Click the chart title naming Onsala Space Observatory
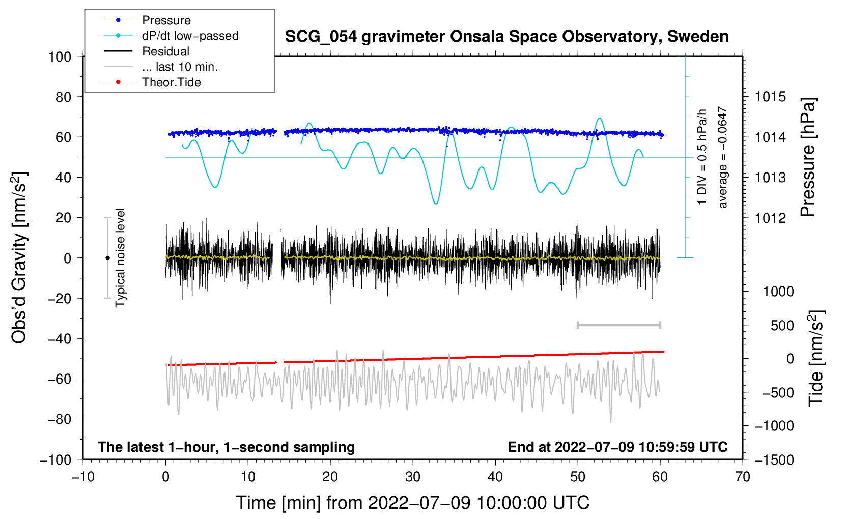(506, 37)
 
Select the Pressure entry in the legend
(166, 20)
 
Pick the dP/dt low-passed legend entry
(190, 36)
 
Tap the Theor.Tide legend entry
(171, 82)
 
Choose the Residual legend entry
(165, 51)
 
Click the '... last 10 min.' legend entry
(180, 67)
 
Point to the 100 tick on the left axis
(60, 56)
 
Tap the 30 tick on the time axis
(413, 477)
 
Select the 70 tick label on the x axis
(743, 477)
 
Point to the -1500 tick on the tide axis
(774, 460)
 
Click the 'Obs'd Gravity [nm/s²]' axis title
(19, 258)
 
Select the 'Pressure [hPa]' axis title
(808, 157)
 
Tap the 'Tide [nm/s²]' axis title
(816, 358)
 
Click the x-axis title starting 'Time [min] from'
(413, 503)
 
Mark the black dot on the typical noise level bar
(107, 258)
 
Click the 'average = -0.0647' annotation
(722, 157)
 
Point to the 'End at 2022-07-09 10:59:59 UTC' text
(617, 447)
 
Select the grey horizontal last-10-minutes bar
(618, 325)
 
